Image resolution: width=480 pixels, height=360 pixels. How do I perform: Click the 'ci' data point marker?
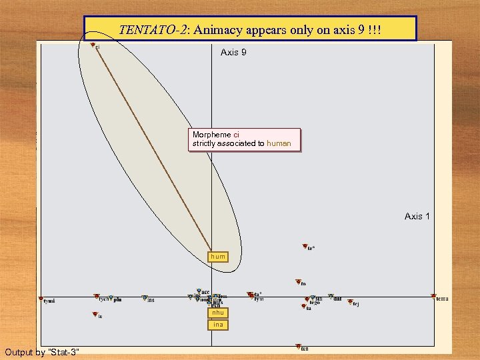pyautogui.click(x=93, y=45)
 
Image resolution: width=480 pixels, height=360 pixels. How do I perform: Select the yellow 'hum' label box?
pyautogui.click(x=218, y=257)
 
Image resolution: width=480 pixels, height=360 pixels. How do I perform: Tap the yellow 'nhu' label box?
pyautogui.click(x=218, y=313)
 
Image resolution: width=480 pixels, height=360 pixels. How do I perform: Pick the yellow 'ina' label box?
pyautogui.click(x=218, y=325)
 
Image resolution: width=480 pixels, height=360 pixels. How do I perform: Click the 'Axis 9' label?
pyautogui.click(x=233, y=52)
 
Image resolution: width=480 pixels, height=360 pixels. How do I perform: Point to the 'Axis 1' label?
pyautogui.click(x=417, y=216)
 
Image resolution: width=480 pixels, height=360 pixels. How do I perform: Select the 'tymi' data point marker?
pyautogui.click(x=41, y=299)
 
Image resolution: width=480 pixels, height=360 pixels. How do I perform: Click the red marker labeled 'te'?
pyautogui.click(x=93, y=315)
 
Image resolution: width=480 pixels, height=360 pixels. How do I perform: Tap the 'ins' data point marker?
pyautogui.click(x=144, y=298)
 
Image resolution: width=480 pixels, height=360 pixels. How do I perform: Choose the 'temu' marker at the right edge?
pyautogui.click(x=433, y=296)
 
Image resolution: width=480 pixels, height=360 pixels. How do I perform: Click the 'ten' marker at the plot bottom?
pyautogui.click(x=298, y=347)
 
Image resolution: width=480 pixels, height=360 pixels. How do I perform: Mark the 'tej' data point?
pyautogui.click(x=347, y=302)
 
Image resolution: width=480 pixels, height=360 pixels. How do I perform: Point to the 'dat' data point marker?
pyautogui.click(x=331, y=297)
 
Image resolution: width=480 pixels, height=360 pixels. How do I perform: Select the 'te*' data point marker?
pyautogui.click(x=305, y=247)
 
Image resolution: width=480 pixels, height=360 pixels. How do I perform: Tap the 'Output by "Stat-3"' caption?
pyautogui.click(x=42, y=351)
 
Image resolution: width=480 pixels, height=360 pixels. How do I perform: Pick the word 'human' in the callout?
pyautogui.click(x=279, y=143)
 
